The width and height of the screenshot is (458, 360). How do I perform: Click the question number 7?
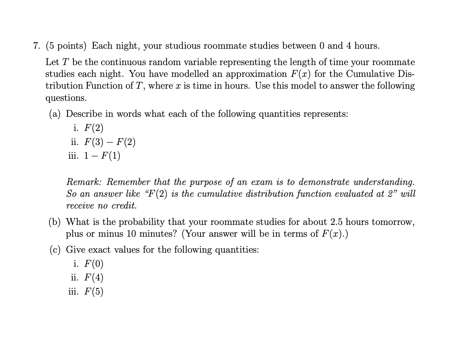(36, 46)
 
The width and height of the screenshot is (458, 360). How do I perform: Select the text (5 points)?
(66, 46)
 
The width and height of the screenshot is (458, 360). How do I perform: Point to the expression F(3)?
(93, 142)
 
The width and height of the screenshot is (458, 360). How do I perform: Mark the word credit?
(124, 206)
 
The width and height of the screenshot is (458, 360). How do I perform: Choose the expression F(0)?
(93, 264)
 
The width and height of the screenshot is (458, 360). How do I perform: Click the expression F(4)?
(93, 278)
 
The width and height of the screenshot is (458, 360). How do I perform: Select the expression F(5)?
(93, 292)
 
